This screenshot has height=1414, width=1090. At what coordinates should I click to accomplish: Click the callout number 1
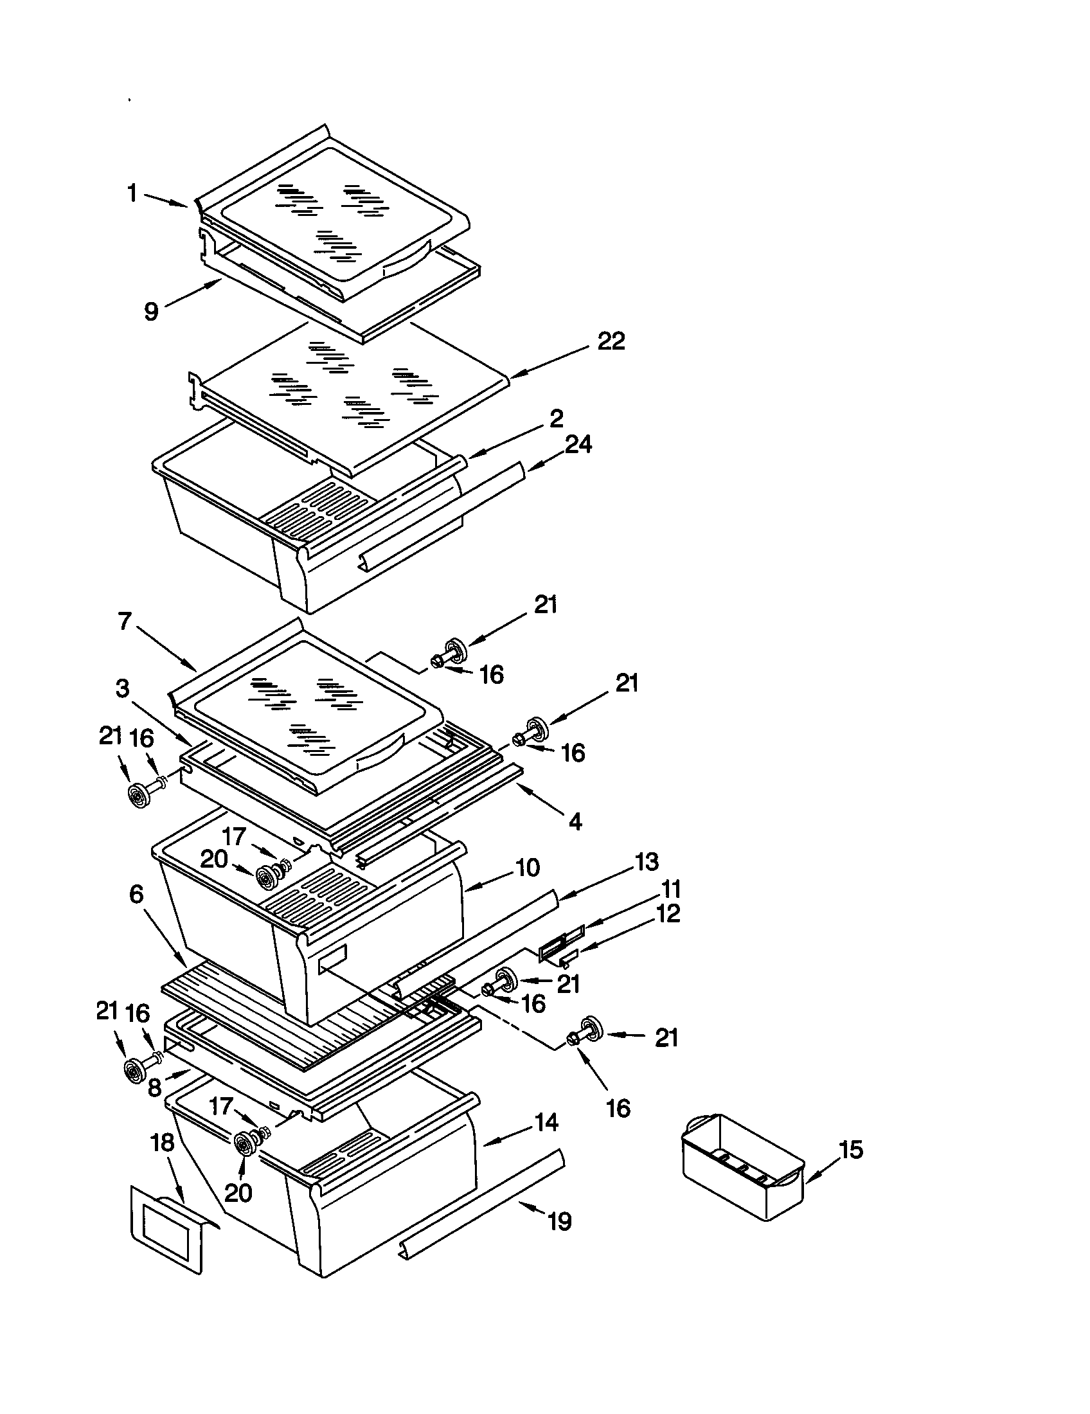click(132, 193)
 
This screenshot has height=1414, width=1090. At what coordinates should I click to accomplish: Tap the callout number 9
click(150, 312)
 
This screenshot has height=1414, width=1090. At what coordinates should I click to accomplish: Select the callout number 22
click(611, 341)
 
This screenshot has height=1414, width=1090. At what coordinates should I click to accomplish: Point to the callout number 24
click(578, 445)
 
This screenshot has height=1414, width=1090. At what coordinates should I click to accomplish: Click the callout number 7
click(125, 622)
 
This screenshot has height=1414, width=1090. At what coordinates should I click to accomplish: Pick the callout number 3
click(122, 688)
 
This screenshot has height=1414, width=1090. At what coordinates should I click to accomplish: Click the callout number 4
click(575, 821)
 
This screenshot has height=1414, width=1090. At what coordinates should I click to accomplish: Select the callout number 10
click(528, 868)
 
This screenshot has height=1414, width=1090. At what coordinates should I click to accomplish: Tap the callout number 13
click(646, 861)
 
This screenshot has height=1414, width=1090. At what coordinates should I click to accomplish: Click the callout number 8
click(154, 1087)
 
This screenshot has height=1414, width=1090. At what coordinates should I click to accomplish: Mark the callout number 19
click(559, 1222)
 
